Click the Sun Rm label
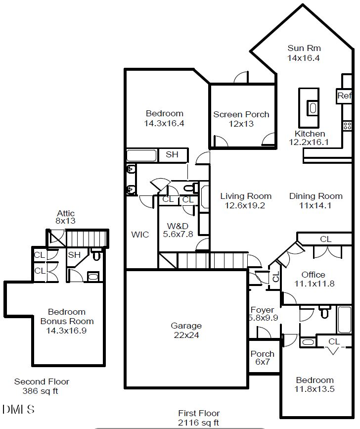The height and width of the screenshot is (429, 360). point(304,48)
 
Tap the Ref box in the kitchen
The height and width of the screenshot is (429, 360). point(344,96)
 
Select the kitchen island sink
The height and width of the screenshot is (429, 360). point(313,107)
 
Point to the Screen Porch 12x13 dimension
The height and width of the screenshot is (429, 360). point(241,124)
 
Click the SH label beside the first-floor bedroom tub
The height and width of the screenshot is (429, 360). point(172,155)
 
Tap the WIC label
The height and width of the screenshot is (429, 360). point(140,235)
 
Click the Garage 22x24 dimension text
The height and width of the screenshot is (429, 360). point(186,335)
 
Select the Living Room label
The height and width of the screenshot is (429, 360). point(246,196)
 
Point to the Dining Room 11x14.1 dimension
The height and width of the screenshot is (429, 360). point(315,205)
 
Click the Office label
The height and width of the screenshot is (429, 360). point(314,275)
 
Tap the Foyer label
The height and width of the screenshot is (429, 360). point(262,310)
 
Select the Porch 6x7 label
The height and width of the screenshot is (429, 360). point(262,354)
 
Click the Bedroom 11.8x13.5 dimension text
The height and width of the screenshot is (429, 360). point(315,389)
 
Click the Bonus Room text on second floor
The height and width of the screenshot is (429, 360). point(67,321)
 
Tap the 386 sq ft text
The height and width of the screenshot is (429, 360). point(42,390)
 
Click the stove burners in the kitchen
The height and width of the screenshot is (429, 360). point(347,126)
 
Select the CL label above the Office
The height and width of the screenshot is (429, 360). point(325,239)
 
